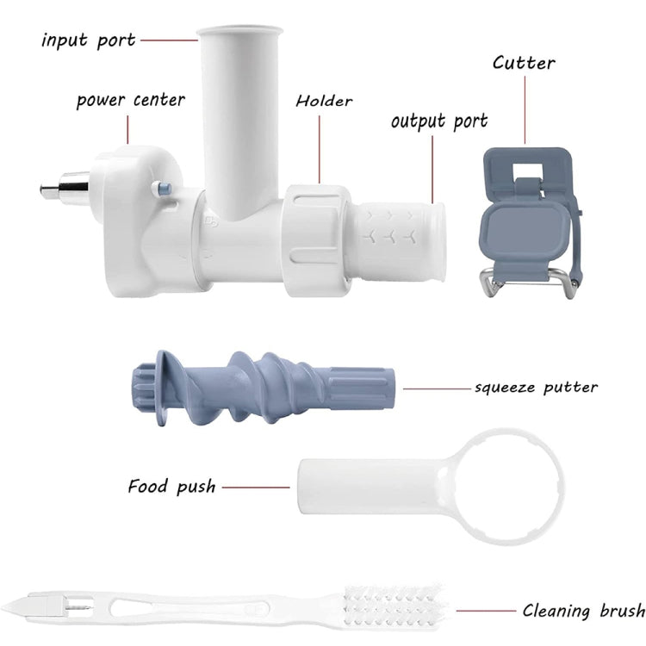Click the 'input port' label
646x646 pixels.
[88, 40]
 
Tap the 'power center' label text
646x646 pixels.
[131, 100]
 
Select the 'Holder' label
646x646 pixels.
[324, 101]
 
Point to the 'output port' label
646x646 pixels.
[439, 121]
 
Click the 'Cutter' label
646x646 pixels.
[524, 63]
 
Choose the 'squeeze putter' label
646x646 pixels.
[537, 388]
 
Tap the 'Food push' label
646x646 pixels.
[171, 487]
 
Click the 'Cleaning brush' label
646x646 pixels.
[584, 610]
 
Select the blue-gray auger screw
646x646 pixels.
[264, 388]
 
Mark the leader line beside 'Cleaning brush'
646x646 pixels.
[486, 611]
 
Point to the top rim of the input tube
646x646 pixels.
[239, 31]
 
